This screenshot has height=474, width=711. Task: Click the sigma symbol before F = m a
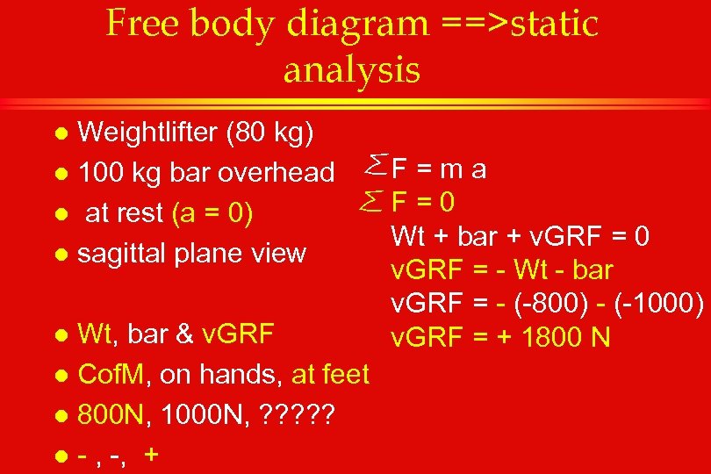372,163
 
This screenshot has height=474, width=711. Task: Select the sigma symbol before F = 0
372,203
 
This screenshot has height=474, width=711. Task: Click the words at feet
330,376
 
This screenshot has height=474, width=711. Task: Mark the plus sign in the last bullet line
152,455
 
